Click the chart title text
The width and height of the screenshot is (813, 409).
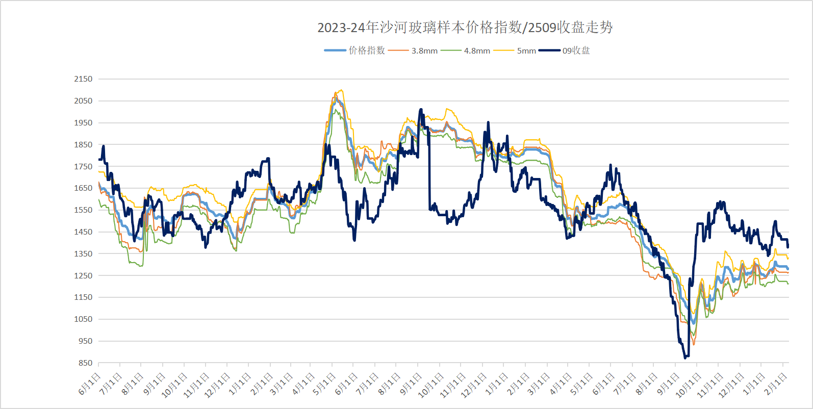click(465, 27)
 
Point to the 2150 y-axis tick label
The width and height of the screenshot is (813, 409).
click(83, 79)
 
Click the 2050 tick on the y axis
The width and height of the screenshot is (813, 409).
click(83, 101)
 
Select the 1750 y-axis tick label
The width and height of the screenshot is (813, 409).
click(83, 166)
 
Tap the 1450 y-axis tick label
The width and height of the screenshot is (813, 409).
click(83, 232)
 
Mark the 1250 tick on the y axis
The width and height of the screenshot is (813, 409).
click(83, 275)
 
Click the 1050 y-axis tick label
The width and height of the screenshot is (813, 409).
click(83, 319)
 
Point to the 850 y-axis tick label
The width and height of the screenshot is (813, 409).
click(85, 363)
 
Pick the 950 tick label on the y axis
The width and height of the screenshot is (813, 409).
click(85, 341)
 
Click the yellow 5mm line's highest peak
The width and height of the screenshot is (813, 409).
click(341, 91)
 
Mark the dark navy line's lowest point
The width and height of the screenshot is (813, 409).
click(685, 358)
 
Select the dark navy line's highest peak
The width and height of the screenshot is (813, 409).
click(421, 109)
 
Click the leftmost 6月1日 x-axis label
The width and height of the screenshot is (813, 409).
click(90, 384)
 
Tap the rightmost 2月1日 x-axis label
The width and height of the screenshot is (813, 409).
click(776, 384)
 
